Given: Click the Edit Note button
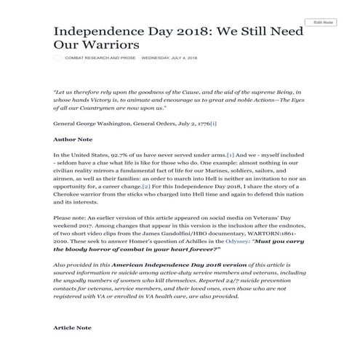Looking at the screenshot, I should point(320,23).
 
